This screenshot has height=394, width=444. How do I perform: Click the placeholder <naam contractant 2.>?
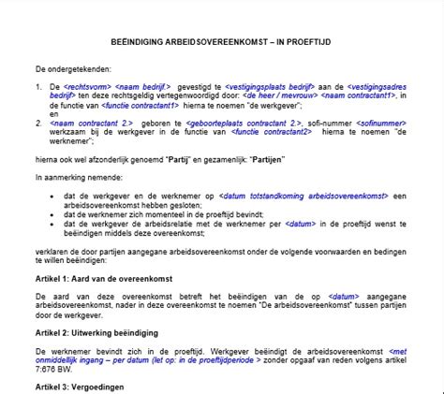click(x=97, y=123)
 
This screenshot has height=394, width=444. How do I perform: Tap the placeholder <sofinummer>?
click(x=367, y=123)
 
